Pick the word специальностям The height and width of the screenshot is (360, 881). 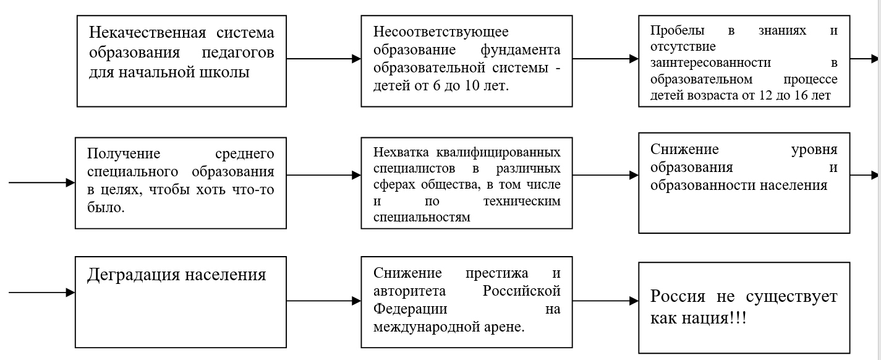click(x=422, y=217)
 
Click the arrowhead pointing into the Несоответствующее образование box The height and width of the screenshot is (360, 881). click(x=357, y=59)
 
